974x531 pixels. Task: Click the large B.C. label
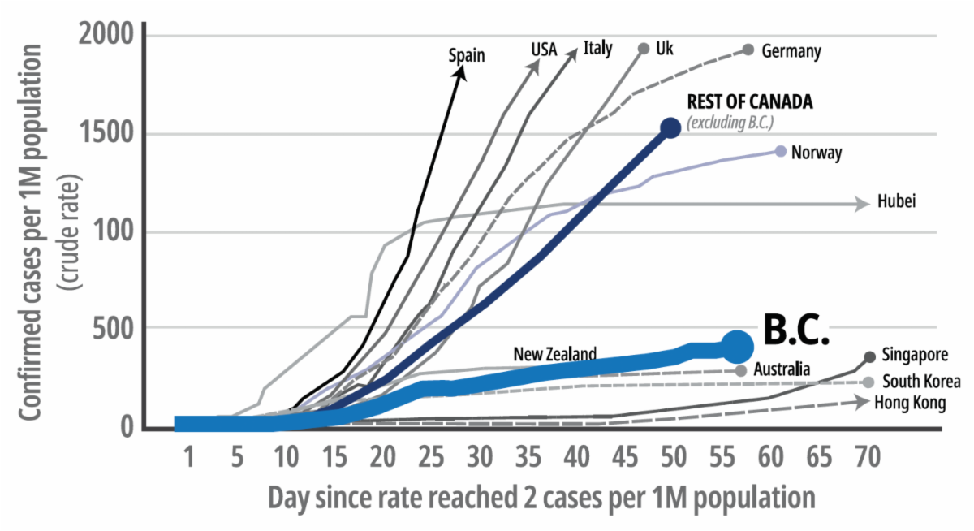point(795,329)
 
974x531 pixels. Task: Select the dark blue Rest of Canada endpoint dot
point(670,127)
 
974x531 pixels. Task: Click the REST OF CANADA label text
point(749,102)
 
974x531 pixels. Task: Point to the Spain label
point(467,55)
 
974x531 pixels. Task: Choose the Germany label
point(791,51)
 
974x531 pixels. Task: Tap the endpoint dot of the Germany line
point(748,50)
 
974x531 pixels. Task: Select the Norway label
point(816,152)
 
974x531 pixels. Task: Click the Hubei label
point(896,202)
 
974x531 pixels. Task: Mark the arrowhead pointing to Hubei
point(863,205)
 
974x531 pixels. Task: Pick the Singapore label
point(915,355)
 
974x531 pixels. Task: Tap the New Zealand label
point(555,354)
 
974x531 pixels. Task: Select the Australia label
point(782,369)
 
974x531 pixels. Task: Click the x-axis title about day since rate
point(541,497)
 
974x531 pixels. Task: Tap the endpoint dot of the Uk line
point(644,49)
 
